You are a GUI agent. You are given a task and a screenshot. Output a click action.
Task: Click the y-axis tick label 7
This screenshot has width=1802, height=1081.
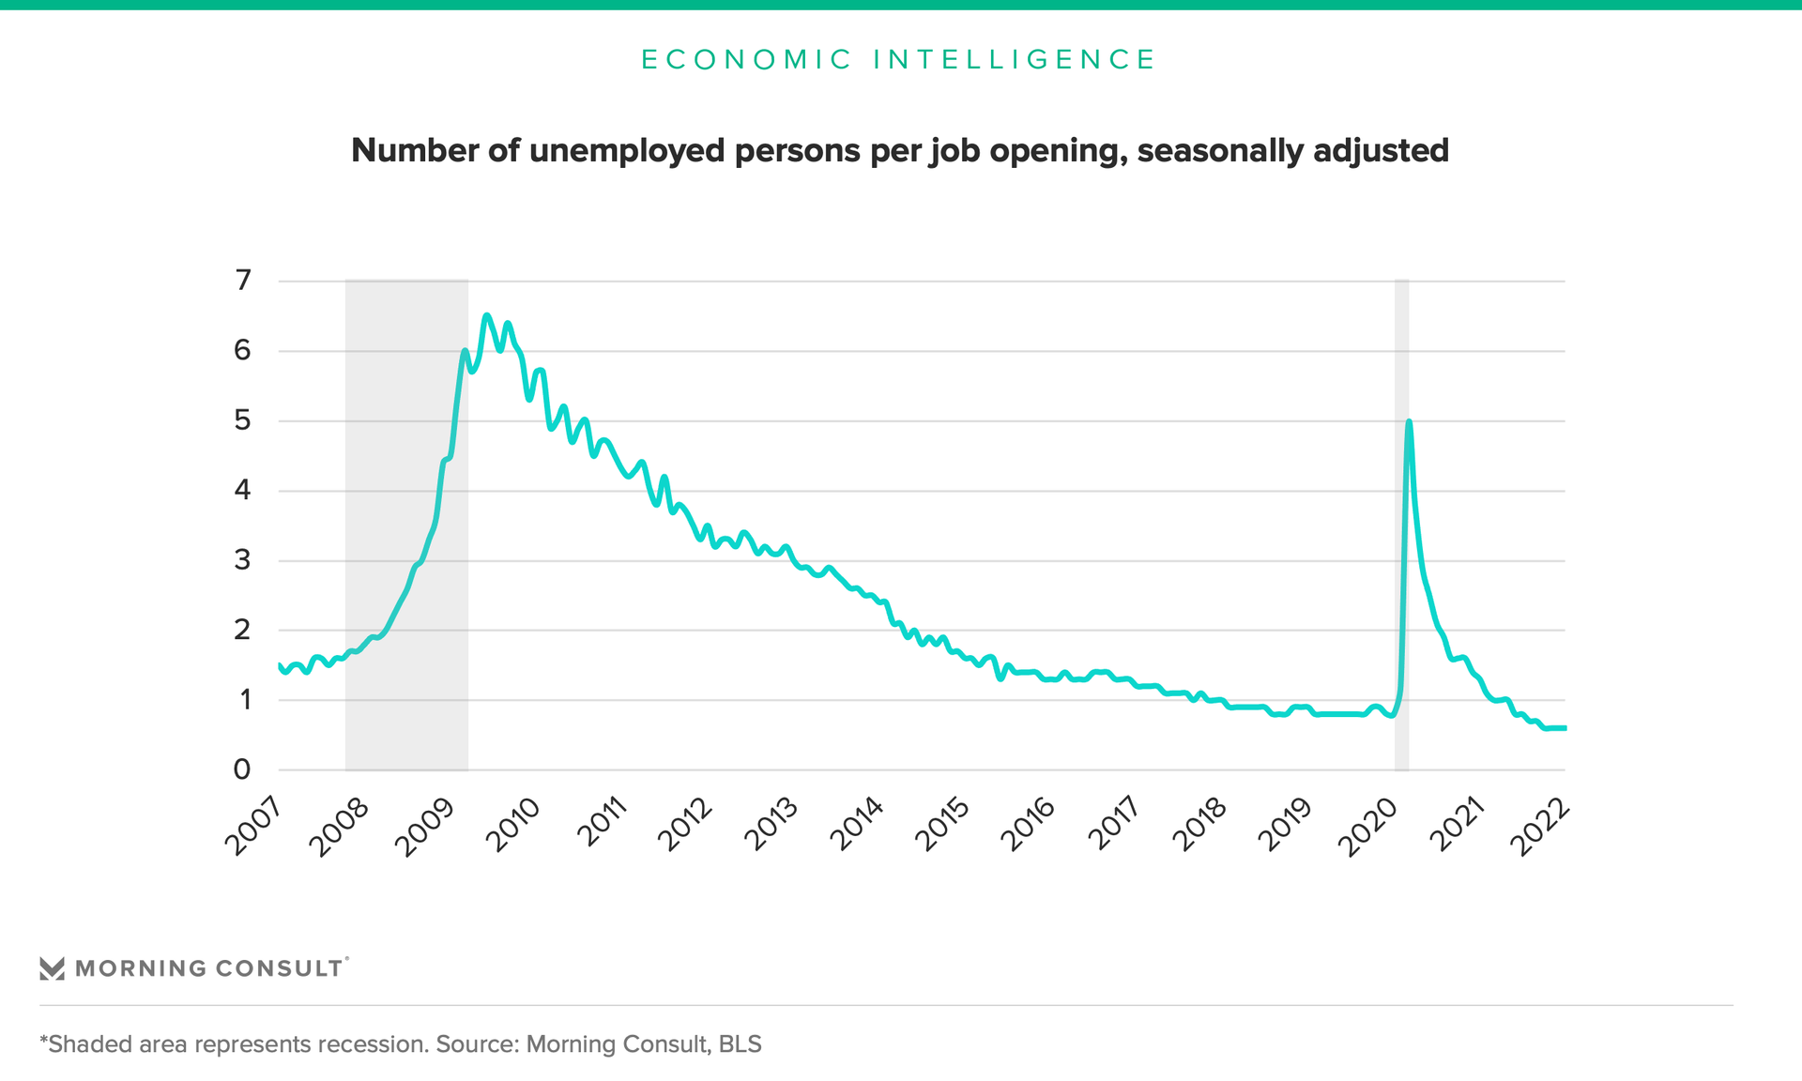tap(243, 280)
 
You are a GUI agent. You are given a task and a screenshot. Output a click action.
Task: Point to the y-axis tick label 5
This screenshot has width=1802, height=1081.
tap(243, 419)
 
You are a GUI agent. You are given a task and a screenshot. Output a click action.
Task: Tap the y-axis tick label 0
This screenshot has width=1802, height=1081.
tap(242, 769)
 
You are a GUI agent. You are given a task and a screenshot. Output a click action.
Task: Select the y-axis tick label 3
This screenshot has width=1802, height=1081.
tap(243, 560)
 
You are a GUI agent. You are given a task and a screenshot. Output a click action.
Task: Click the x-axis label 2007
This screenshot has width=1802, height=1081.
tap(254, 825)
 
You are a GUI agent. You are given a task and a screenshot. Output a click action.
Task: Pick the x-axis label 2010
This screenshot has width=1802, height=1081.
tap(513, 825)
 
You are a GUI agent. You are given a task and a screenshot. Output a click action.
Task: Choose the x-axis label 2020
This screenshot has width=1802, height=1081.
tap(1367, 825)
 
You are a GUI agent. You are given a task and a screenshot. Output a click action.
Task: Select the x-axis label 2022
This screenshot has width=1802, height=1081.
tap(1540, 825)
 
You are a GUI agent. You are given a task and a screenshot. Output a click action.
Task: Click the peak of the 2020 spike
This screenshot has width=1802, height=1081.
tap(1409, 422)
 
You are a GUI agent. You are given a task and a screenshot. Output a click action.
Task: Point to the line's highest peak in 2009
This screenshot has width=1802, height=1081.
tap(486, 315)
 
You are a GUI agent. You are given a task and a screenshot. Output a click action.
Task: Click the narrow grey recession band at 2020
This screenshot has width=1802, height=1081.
tap(1401, 563)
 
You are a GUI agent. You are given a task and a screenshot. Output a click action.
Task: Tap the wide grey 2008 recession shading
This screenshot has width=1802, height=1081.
tap(406, 469)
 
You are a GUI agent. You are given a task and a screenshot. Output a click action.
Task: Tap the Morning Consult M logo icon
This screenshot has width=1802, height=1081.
tap(52, 968)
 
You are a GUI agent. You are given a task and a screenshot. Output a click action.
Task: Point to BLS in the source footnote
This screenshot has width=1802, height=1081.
tap(741, 1044)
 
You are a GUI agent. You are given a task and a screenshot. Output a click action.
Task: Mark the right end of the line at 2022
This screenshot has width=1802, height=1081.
tap(1564, 728)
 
